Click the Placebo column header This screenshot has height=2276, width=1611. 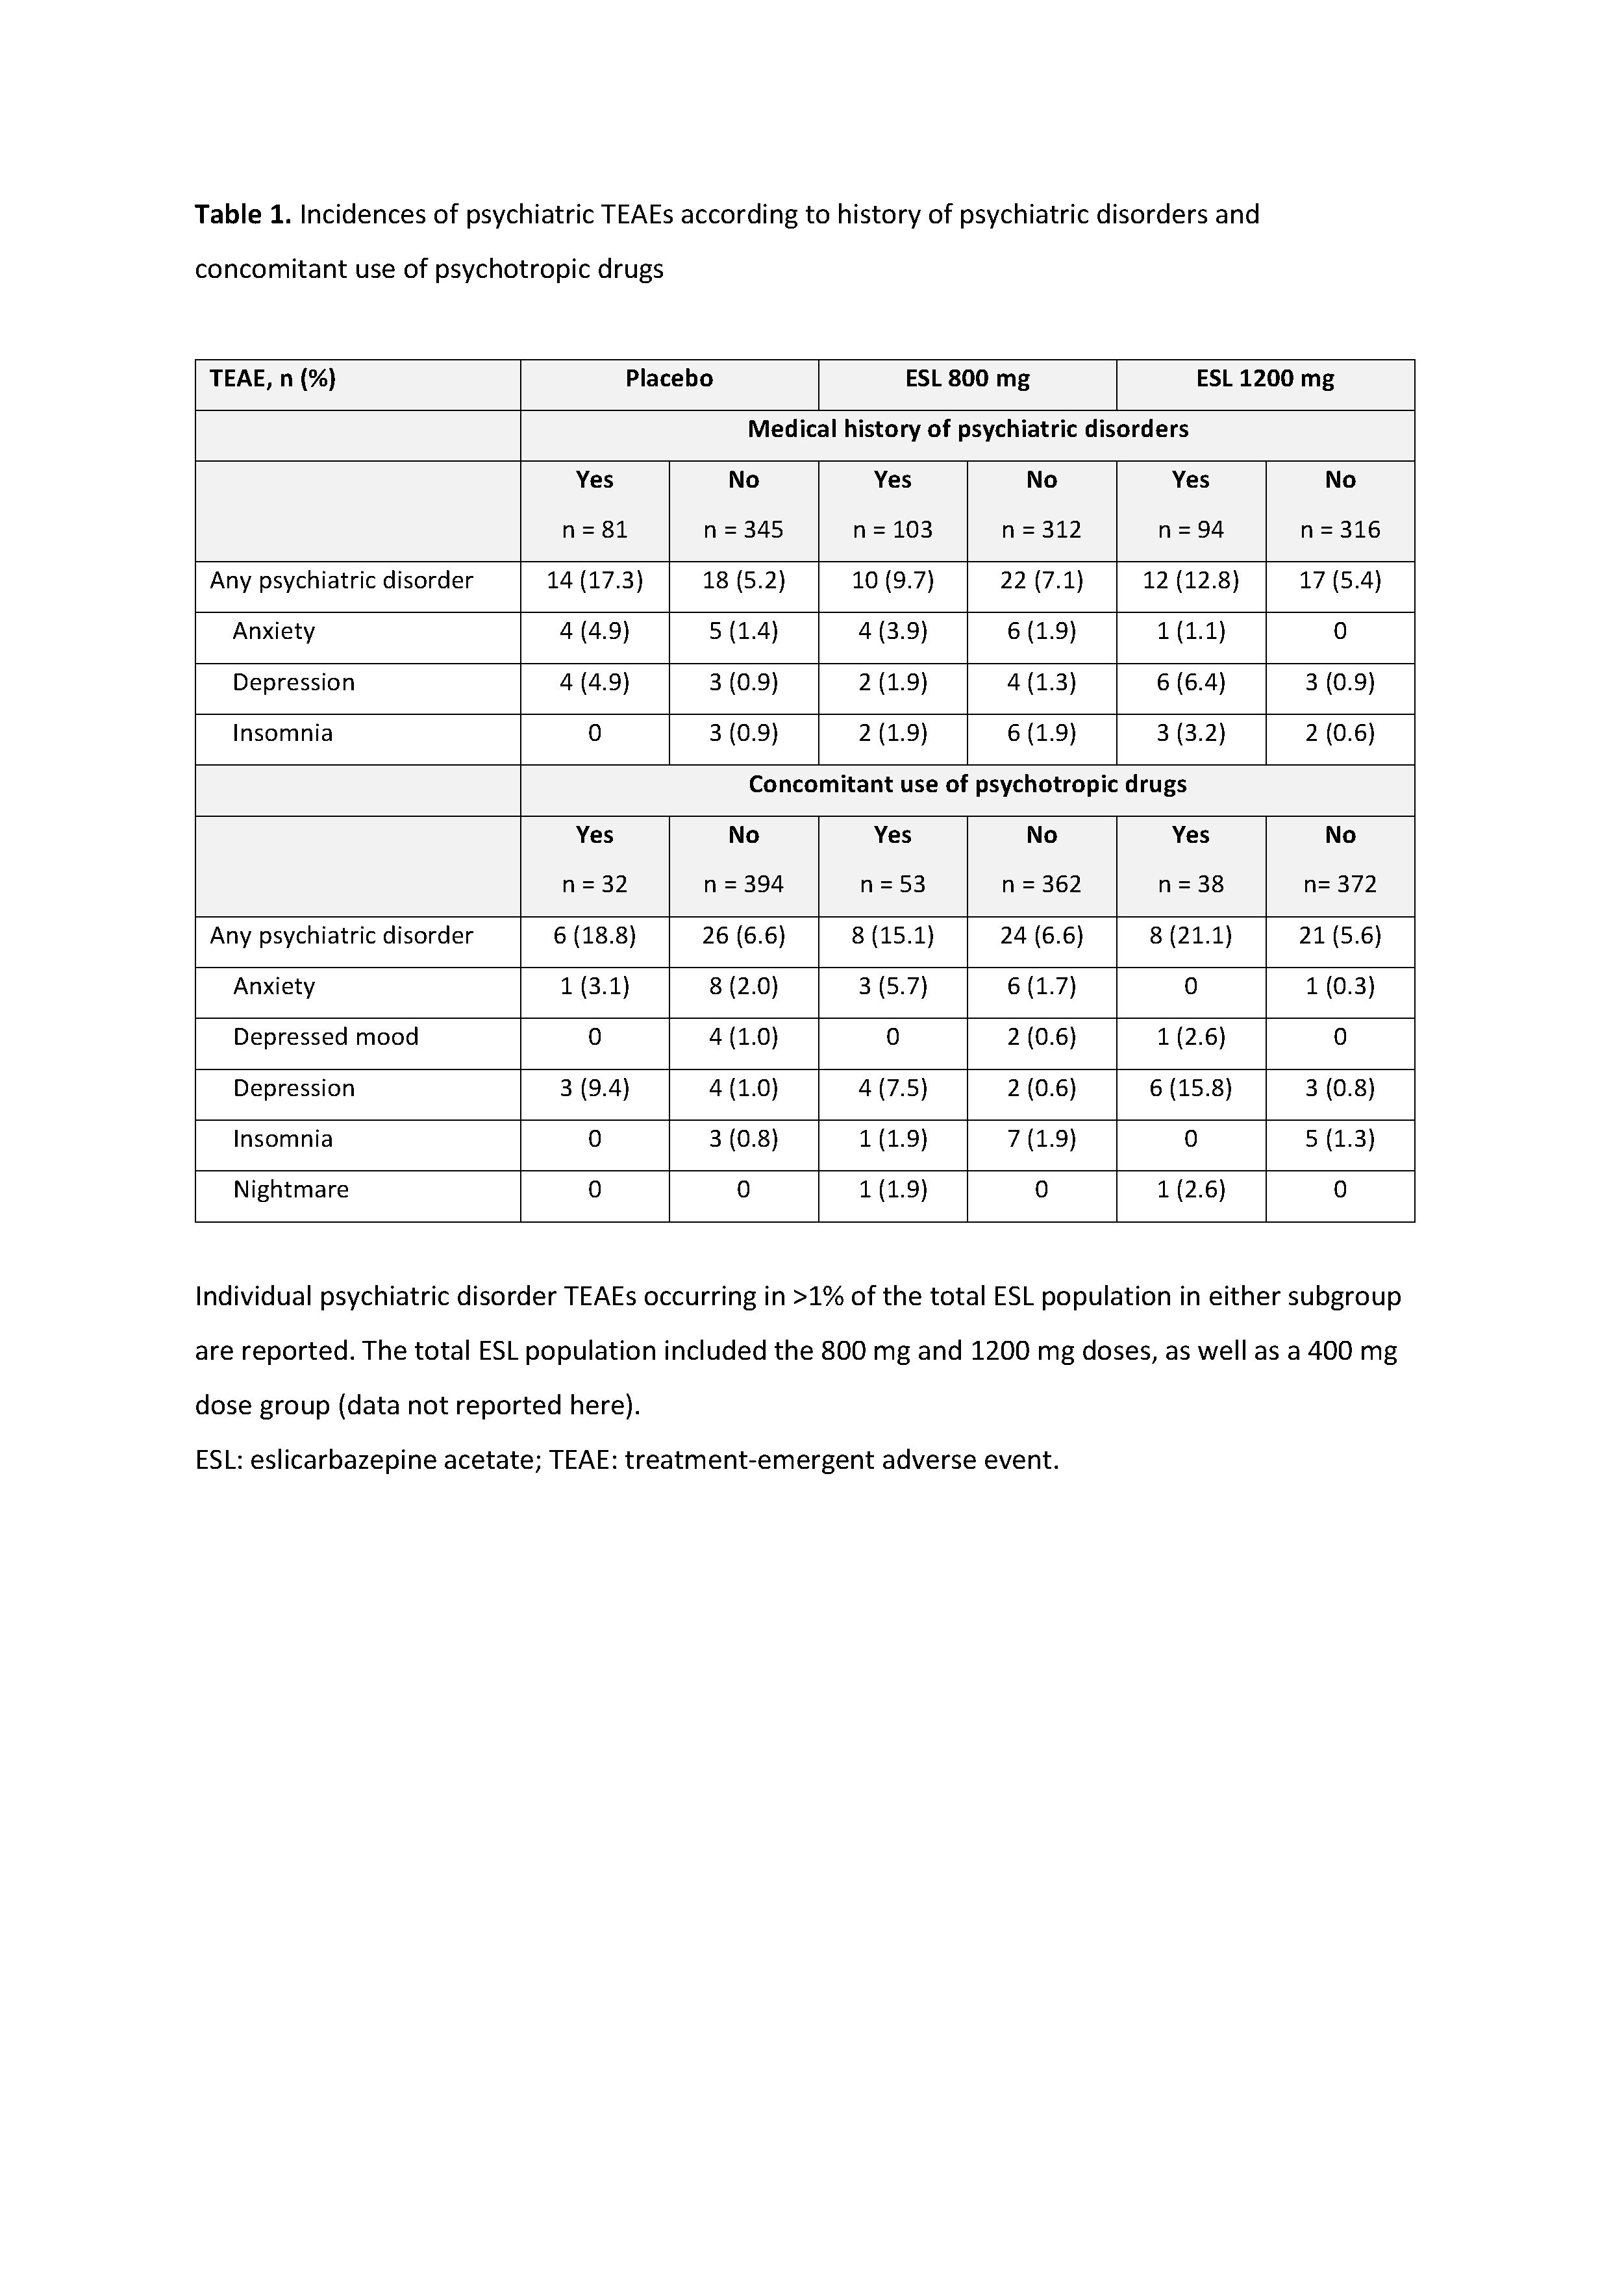point(669,379)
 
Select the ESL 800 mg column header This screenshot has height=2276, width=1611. point(968,379)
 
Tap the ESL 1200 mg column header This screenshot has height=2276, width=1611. point(1265,379)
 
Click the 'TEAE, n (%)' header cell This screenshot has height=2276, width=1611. point(273,379)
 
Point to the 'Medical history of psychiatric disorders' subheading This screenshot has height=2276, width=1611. point(968,430)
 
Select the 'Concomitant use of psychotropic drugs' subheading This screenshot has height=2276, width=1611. point(968,785)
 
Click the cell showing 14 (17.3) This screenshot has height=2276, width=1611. point(594,581)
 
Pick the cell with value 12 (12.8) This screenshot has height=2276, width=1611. point(1190,581)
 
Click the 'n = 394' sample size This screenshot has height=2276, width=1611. point(743,885)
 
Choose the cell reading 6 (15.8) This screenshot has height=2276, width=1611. point(1190,1088)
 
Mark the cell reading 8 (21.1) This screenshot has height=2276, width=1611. point(1190,936)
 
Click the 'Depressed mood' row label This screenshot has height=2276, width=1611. point(325,1037)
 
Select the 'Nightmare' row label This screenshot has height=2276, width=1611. point(291,1190)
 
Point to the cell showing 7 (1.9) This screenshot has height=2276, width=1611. point(1042,1139)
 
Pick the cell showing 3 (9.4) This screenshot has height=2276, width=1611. point(594,1088)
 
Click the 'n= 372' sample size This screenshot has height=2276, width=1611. point(1339,885)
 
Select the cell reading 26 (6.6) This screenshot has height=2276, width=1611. point(743,936)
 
